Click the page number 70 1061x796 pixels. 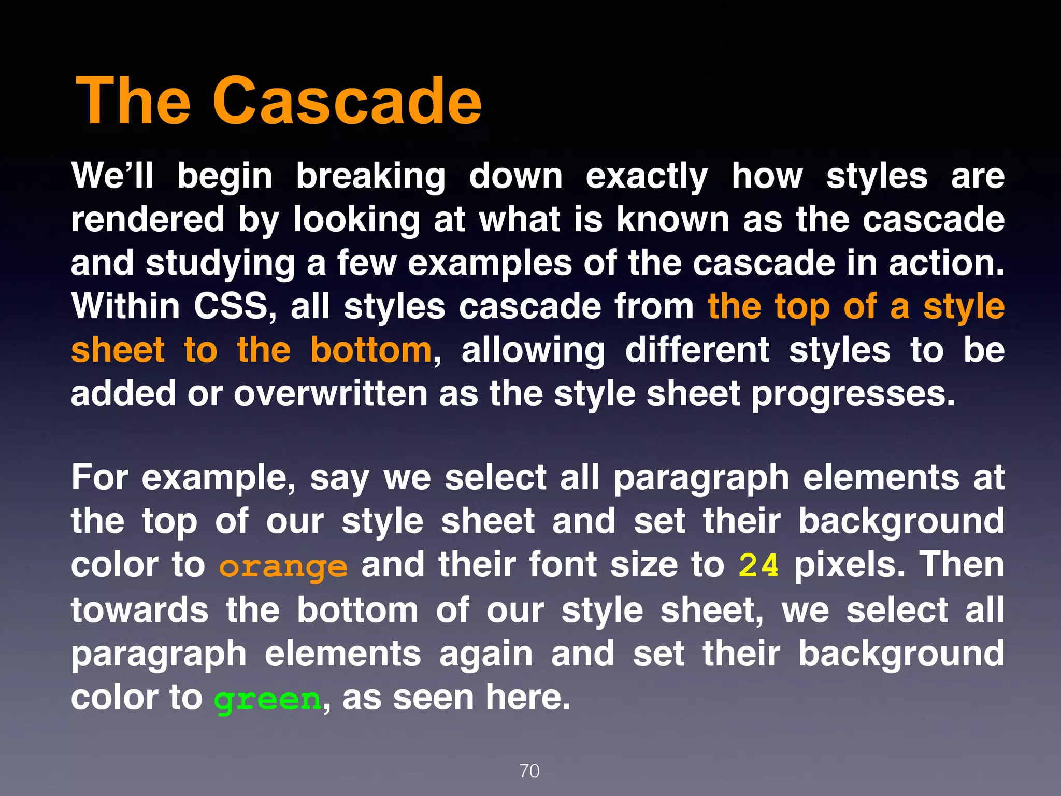click(x=529, y=771)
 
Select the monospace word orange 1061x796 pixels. click(x=283, y=567)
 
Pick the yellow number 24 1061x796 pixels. click(x=758, y=565)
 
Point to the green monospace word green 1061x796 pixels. click(x=268, y=700)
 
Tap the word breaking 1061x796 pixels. click(x=370, y=176)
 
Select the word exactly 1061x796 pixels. click(x=647, y=176)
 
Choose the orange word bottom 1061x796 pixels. click(x=371, y=350)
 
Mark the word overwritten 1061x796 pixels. click(x=330, y=394)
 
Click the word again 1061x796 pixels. click(x=486, y=654)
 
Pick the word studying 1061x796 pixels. click(x=220, y=263)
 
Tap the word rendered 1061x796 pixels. click(x=148, y=219)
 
